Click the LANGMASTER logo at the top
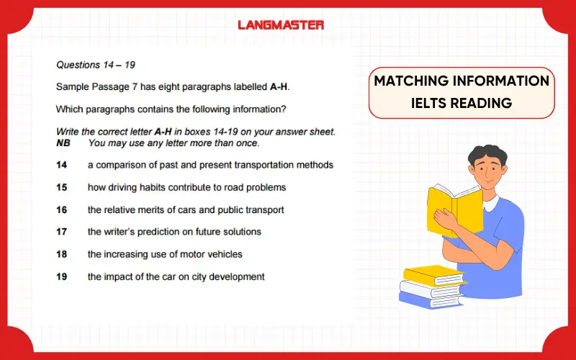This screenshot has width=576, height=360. tap(281, 24)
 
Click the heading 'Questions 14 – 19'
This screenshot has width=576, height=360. tap(96, 65)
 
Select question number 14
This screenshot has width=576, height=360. tap(62, 165)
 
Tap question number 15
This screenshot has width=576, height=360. tap(62, 187)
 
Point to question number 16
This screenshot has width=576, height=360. tap(62, 210)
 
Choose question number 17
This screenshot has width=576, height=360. tap(62, 232)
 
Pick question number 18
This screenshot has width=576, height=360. tap(62, 254)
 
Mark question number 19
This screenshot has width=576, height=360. tap(62, 276)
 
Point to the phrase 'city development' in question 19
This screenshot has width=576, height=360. tap(230, 276)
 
